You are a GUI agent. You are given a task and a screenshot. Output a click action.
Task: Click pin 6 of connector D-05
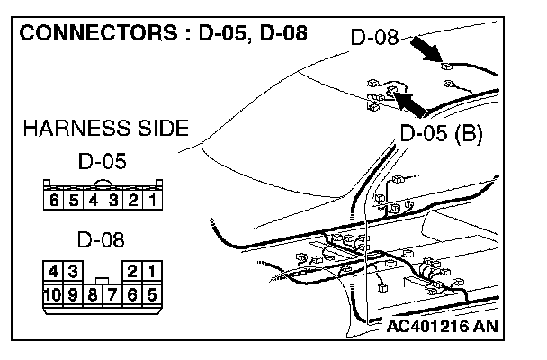[x=54, y=200]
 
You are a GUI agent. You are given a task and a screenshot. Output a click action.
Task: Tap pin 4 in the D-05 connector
[x=94, y=200]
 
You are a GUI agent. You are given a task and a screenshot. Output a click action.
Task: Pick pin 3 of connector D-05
[x=113, y=200]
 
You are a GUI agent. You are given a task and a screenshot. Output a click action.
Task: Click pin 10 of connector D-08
[x=53, y=293]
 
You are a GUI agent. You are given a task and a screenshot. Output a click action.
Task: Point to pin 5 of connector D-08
[x=152, y=293]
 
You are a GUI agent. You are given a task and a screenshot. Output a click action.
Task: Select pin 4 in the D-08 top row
[x=53, y=271]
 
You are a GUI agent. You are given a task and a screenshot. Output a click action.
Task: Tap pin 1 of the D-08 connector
[x=152, y=271]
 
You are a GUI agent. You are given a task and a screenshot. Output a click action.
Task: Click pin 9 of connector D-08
[x=72, y=293]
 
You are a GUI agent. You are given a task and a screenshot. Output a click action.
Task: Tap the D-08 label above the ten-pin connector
[x=101, y=240]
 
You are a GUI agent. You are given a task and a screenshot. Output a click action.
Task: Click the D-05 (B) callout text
[x=441, y=135]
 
